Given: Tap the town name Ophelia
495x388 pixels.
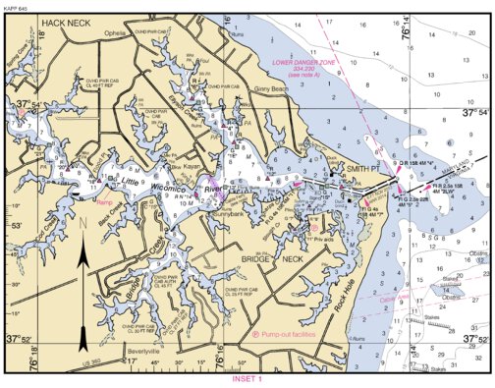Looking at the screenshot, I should coord(117,33).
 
